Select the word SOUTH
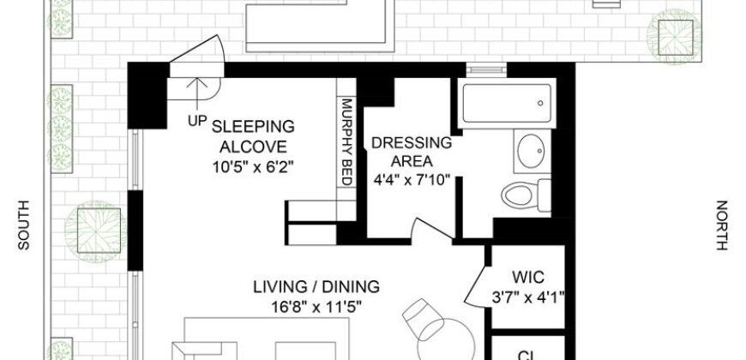24,225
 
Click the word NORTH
721,225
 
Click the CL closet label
527,352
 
